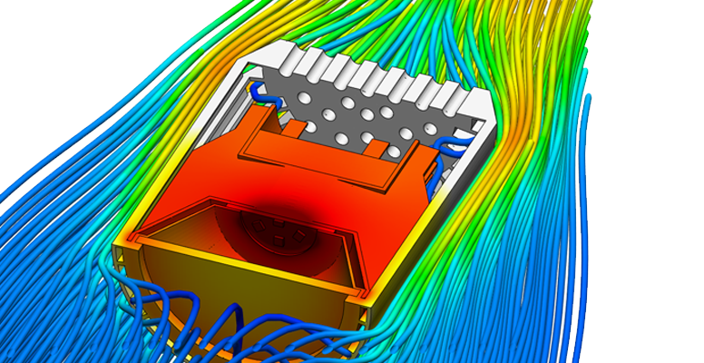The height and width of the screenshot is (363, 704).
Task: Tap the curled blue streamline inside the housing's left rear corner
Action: (260, 92)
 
